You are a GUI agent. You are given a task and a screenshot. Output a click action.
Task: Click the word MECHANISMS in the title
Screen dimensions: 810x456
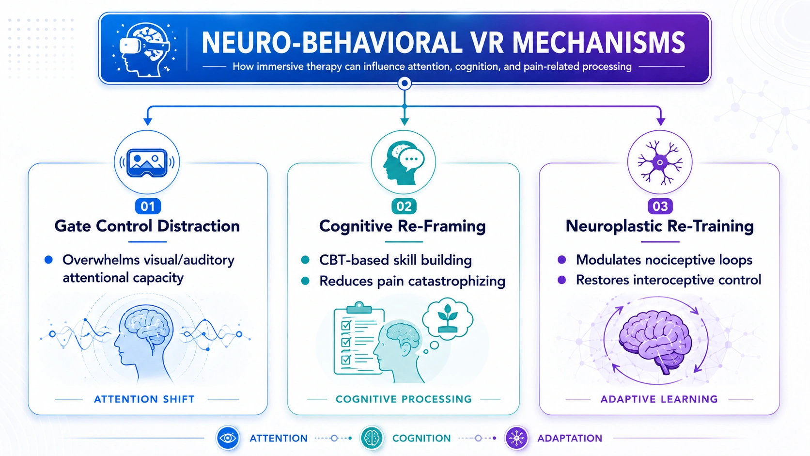(598, 43)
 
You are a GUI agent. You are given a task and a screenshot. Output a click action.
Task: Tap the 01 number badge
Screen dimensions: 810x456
(148, 206)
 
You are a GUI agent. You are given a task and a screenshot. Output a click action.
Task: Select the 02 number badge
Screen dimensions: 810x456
(404, 206)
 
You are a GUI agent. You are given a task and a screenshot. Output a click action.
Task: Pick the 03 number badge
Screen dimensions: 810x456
(660, 206)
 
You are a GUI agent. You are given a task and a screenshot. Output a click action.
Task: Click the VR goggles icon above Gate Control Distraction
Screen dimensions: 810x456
(147, 162)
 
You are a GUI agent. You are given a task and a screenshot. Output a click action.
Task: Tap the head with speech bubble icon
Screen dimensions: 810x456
(403, 162)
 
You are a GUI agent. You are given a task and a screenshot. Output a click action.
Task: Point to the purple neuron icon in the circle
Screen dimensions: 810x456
(660, 162)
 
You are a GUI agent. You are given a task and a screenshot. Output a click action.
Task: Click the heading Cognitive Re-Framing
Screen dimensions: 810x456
(402, 226)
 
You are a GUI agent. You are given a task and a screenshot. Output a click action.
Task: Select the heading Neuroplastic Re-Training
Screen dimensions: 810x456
(659, 226)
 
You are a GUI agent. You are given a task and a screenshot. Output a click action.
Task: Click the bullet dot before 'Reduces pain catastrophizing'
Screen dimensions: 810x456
(305, 281)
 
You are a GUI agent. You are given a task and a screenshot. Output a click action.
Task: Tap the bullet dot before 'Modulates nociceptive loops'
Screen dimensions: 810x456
(561, 260)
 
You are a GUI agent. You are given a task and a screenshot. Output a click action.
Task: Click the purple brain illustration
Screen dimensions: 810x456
(655, 342)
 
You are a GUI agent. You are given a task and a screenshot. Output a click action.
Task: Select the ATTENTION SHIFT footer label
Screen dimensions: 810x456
(144, 399)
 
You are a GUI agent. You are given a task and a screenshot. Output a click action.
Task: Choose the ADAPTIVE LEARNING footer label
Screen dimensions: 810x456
(659, 399)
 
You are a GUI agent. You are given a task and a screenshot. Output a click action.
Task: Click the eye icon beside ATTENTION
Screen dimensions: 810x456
(228, 438)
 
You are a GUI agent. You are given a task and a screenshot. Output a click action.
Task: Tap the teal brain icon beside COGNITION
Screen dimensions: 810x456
(372, 438)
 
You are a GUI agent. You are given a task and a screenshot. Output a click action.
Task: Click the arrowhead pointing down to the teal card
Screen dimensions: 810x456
(405, 122)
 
